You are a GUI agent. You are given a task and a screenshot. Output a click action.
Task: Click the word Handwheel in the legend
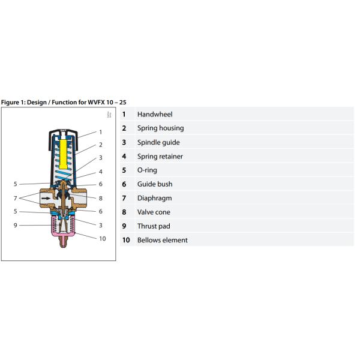[155, 114]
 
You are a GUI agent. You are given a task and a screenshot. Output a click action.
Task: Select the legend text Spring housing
[160, 128]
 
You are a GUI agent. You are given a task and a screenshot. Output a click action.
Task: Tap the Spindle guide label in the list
[158, 142]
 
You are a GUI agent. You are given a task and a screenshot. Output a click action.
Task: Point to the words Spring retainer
[160, 157]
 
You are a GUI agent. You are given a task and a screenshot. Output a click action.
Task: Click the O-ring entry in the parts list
[147, 170]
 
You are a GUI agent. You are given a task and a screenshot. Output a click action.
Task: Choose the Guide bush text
[155, 184]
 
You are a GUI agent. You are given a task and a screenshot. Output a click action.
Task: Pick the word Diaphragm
[154, 198]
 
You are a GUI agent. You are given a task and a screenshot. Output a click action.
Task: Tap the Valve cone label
[154, 212]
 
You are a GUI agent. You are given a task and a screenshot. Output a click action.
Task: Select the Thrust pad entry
[154, 226]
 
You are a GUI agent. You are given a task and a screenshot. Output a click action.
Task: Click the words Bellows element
[162, 240]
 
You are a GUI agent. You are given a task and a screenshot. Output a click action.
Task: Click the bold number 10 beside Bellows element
[125, 240]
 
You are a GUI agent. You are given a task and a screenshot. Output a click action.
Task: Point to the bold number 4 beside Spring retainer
[124, 157]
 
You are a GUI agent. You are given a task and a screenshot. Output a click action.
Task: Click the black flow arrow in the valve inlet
[46, 198]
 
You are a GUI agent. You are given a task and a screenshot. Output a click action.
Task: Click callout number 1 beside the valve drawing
[101, 132]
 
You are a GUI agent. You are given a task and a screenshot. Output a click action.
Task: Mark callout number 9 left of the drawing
[15, 226]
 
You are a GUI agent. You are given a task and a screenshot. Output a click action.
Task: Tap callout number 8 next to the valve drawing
[101, 197]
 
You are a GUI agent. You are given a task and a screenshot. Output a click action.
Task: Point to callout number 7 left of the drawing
[15, 197]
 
